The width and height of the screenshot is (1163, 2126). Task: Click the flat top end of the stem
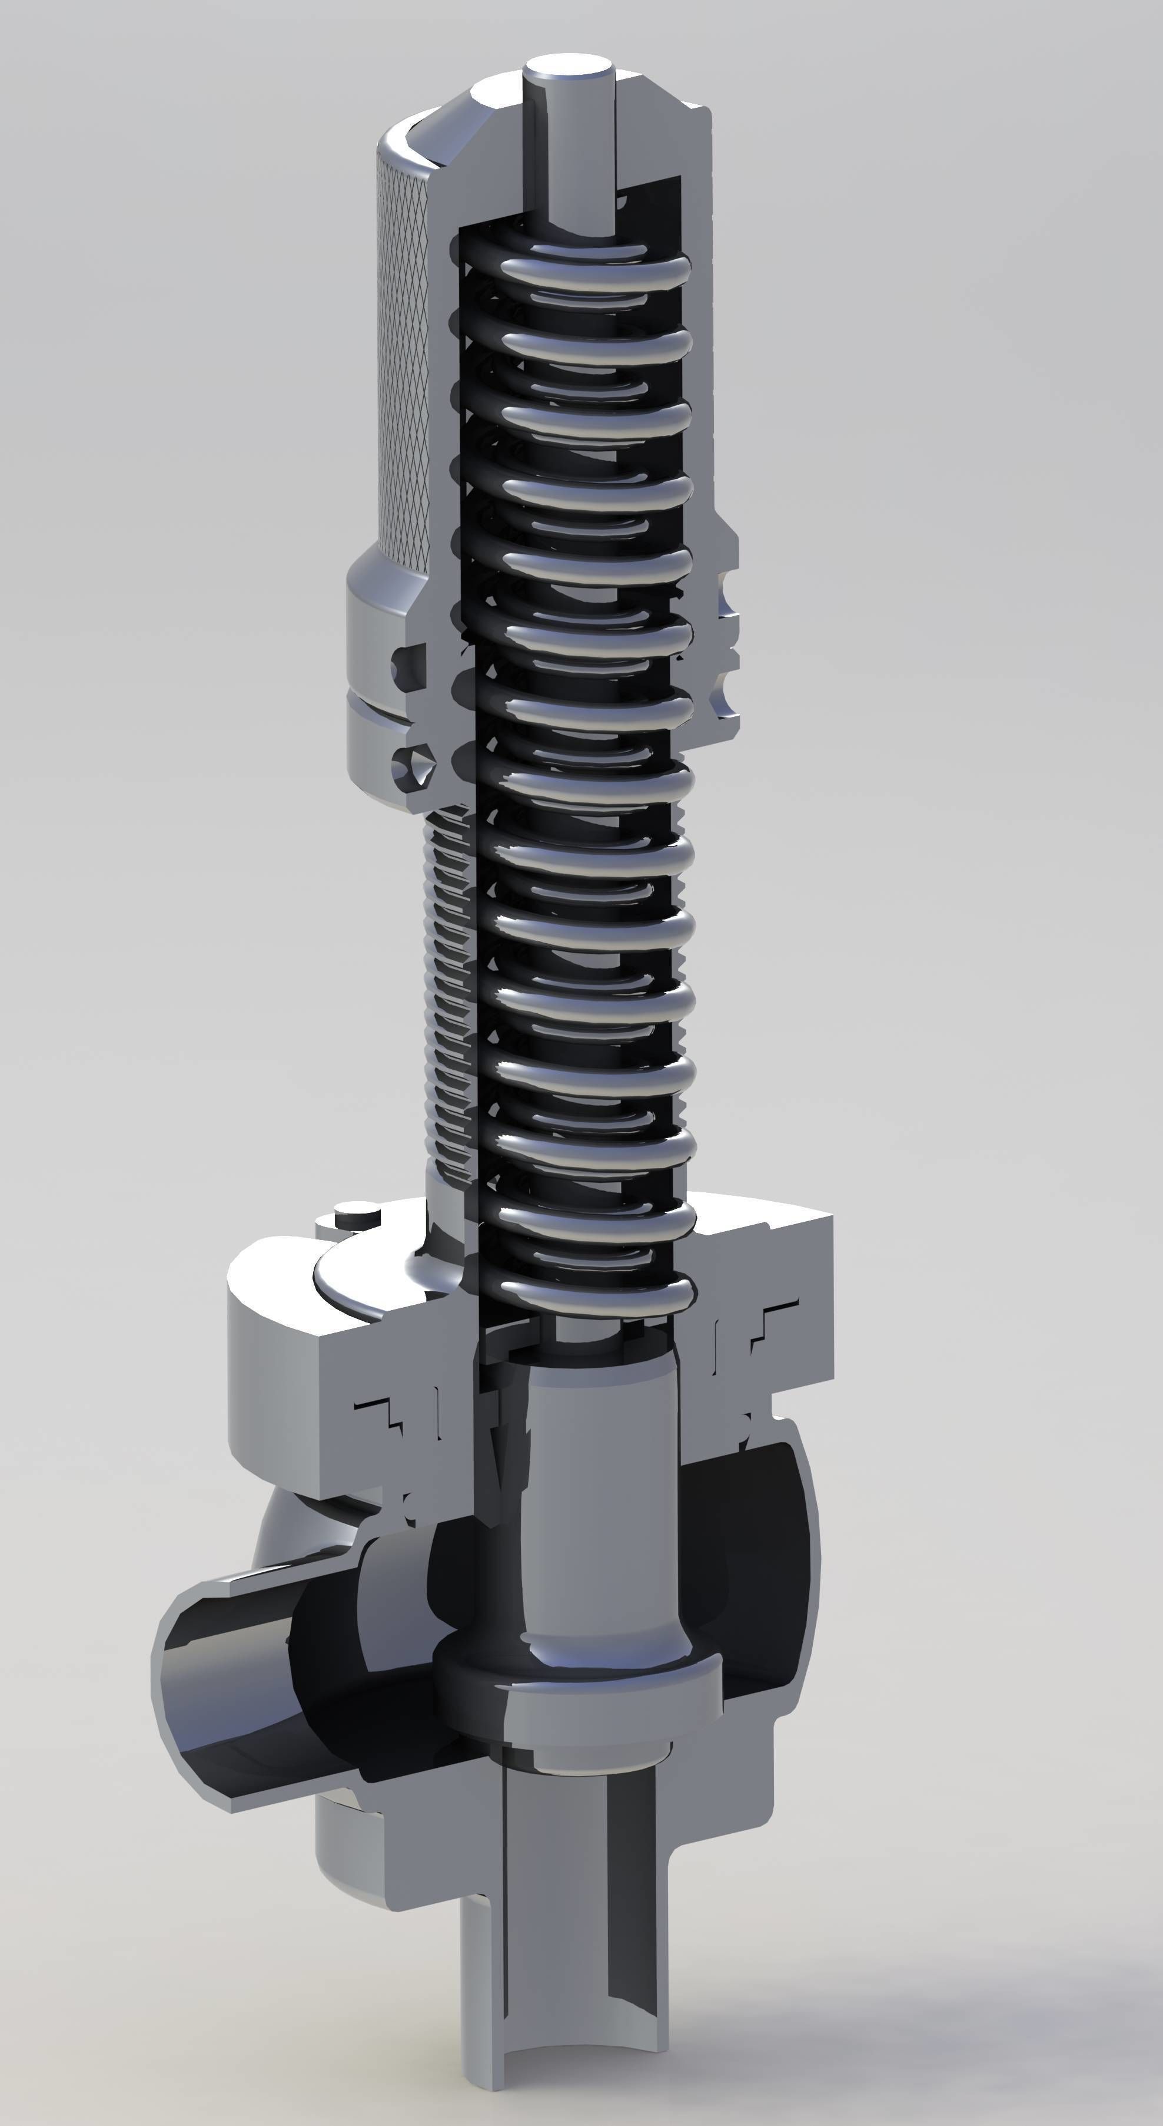pyautogui.click(x=569, y=64)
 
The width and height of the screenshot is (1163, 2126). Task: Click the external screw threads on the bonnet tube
pyautogui.click(x=450, y=990)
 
